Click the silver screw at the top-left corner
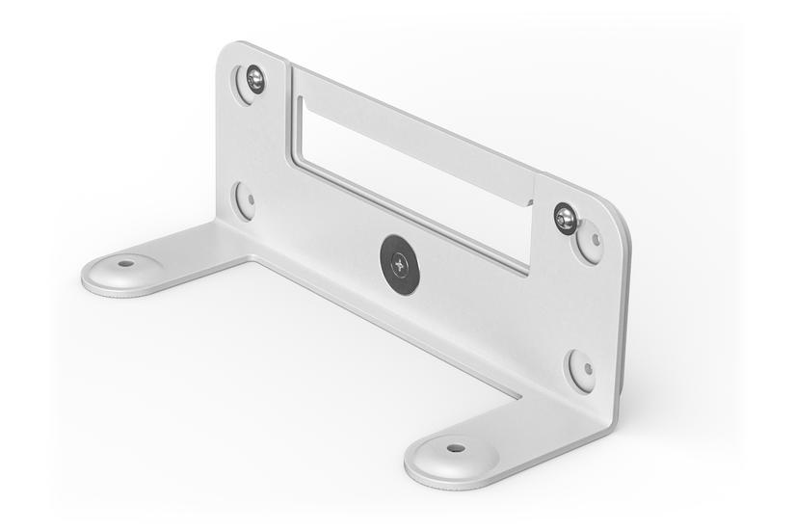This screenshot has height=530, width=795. coord(255,78)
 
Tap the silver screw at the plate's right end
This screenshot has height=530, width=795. coord(566,219)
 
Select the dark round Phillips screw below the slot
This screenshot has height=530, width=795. coord(400,264)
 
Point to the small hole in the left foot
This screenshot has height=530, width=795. coord(125,263)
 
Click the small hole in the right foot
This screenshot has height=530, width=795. coord(456,448)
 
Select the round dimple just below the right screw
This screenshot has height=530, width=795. coord(589,241)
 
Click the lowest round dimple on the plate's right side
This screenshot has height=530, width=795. coord(581,369)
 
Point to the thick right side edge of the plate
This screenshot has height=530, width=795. coord(622,318)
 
